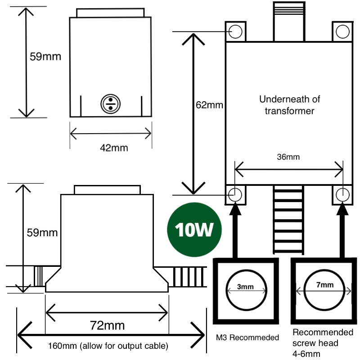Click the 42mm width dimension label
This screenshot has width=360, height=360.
click(111, 147)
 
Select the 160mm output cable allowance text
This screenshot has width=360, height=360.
click(108, 346)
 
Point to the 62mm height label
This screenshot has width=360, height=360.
click(210, 106)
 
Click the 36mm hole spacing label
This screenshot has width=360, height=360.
click(288, 157)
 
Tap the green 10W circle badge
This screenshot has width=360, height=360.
click(194, 229)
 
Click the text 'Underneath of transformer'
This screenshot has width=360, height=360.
click(286, 104)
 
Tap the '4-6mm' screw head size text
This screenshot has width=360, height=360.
click(306, 354)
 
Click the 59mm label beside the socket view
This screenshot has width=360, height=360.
click(45, 57)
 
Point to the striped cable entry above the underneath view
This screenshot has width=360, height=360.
click(288, 20)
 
